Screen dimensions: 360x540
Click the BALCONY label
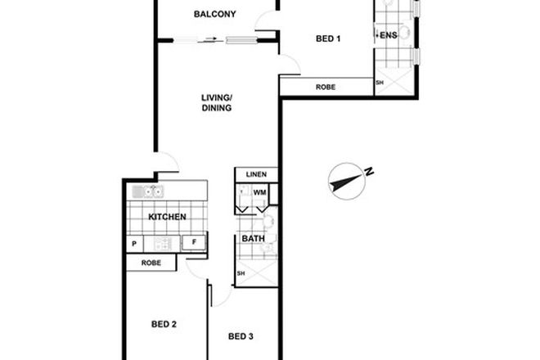point(215,14)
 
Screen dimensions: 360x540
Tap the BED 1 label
point(328,38)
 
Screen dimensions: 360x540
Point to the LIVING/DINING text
point(217,102)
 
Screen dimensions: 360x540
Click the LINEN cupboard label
point(256,175)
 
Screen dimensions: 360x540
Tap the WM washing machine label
point(260,192)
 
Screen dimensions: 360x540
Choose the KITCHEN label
point(167,217)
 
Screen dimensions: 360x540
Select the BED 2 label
point(164,324)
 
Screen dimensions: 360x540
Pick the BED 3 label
point(241,335)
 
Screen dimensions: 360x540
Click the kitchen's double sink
point(148,192)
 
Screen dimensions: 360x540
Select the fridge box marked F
point(194,243)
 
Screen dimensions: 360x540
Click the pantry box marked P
point(133,243)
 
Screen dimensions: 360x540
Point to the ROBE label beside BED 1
point(326,87)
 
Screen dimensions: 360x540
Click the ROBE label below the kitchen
point(151,263)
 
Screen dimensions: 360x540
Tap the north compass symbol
point(348,180)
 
